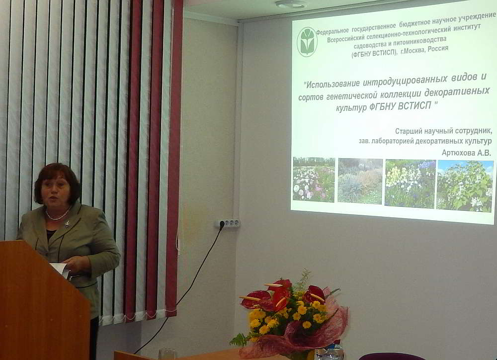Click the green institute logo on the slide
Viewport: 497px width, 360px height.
(307, 42)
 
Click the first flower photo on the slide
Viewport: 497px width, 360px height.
(314, 179)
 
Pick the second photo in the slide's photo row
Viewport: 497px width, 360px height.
(360, 181)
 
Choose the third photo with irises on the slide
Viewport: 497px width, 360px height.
(410, 183)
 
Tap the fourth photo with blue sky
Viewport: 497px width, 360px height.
(465, 186)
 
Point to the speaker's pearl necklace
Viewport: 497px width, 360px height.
(58, 215)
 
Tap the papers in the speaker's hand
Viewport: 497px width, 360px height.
(61, 270)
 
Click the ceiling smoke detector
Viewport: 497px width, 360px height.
(291, 4)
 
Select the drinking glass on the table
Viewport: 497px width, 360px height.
(166, 354)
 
